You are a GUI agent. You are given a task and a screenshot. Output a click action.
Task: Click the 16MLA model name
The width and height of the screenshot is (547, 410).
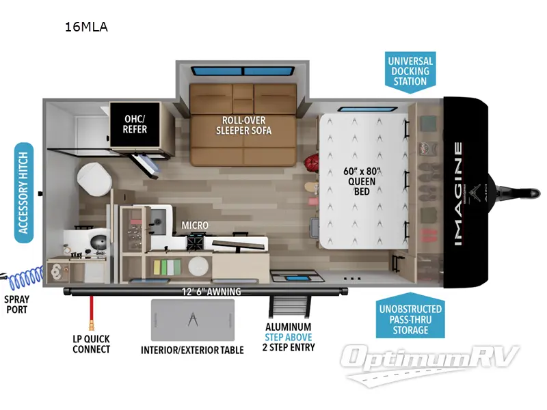click(86, 27)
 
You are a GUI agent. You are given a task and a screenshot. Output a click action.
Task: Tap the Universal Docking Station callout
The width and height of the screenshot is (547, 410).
click(410, 71)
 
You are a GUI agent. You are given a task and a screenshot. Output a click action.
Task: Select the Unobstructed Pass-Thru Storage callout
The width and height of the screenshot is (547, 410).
click(410, 318)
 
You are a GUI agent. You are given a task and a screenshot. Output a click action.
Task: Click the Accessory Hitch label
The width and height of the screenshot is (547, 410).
click(25, 193)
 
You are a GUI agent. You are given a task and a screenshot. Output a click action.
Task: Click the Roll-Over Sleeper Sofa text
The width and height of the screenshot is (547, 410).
click(243, 124)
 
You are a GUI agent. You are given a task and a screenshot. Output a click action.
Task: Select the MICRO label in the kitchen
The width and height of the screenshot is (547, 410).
click(195, 225)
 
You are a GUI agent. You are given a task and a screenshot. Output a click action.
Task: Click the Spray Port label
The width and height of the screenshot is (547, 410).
click(16, 304)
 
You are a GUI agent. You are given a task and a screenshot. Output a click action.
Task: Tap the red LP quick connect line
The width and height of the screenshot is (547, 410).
click(88, 315)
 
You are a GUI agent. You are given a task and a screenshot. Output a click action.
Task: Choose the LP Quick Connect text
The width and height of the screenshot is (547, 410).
click(91, 344)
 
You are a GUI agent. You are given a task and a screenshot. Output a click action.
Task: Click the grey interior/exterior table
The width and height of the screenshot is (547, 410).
click(193, 320)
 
